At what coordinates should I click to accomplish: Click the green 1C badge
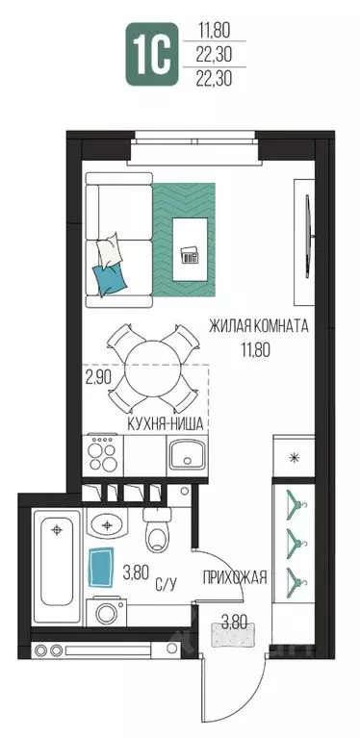point(152,54)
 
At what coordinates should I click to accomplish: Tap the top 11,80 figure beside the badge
point(214,31)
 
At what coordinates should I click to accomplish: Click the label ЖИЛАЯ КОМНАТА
point(259,326)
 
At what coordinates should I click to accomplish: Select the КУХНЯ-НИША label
point(166,424)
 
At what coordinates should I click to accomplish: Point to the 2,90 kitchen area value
point(98,378)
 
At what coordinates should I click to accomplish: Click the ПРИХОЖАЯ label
point(235,577)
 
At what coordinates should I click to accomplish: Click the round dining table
point(153,369)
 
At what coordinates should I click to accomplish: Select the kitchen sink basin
point(187,453)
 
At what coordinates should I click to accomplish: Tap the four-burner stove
point(103,455)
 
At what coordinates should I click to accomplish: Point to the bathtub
point(57,566)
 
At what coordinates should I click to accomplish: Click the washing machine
point(106,612)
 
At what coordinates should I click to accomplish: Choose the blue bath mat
point(102,567)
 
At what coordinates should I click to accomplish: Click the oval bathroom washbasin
point(108,524)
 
